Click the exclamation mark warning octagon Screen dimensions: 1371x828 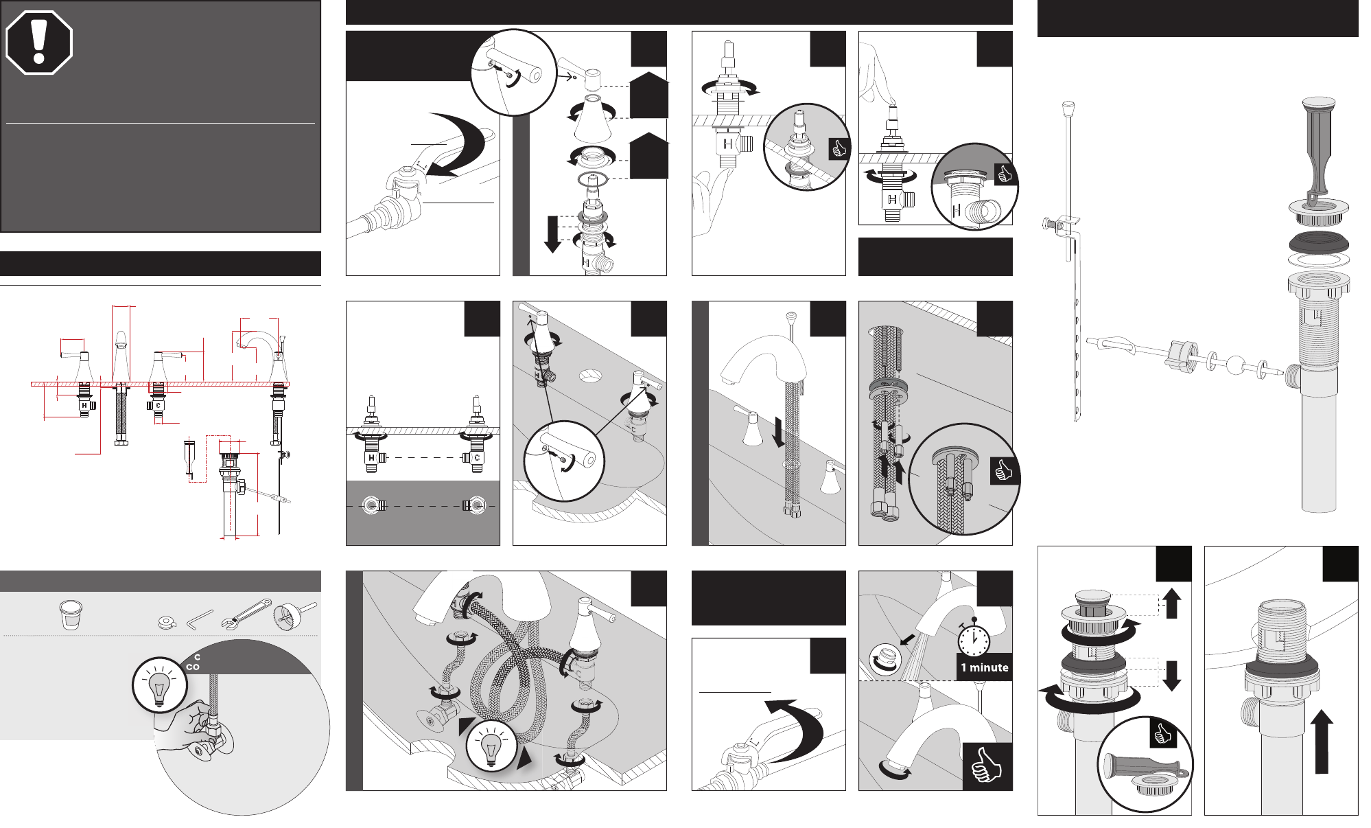(39, 42)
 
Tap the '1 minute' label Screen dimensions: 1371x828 (984, 667)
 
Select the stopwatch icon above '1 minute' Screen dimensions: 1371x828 (974, 639)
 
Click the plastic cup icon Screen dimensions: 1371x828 (70, 615)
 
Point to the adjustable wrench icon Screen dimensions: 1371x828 (246, 614)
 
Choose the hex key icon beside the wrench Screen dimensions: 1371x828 (200, 619)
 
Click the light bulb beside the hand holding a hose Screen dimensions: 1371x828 (159, 685)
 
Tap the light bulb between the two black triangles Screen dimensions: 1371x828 (491, 746)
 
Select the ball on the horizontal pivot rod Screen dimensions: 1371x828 (1234, 365)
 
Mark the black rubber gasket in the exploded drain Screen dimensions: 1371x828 (1318, 242)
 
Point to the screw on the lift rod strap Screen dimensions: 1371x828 (1049, 223)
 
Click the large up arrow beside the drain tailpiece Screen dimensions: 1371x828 (1322, 741)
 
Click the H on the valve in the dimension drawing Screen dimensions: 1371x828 (84, 406)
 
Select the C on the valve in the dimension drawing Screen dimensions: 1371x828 (158, 406)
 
